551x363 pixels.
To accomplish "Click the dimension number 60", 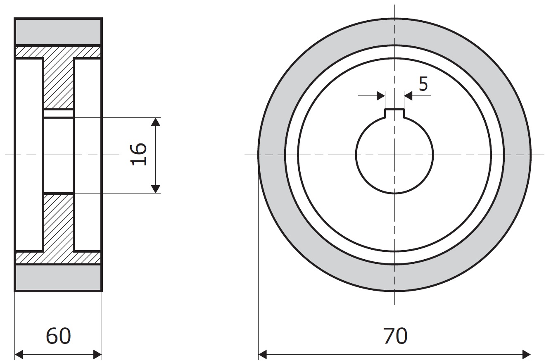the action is (58, 336).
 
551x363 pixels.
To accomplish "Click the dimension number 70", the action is (395, 336).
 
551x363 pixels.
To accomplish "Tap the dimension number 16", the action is (138, 154).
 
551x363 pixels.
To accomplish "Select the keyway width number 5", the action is (423, 84).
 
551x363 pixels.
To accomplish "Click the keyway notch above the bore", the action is (394, 114).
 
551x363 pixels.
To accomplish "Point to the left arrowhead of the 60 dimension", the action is (19, 355).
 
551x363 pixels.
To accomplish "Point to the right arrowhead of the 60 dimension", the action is (97, 355).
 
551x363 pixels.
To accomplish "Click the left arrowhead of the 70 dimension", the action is (262, 355).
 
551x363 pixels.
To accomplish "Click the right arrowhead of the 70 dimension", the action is (526, 355).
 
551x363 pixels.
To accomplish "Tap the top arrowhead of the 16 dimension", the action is (155, 122).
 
